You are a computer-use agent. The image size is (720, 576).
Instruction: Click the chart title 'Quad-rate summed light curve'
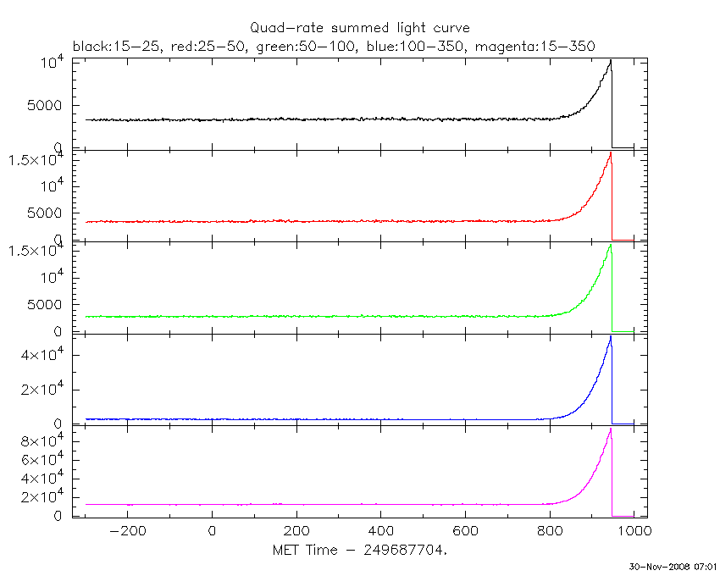[x=359, y=29]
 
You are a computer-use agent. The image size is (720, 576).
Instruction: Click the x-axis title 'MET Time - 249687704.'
[x=359, y=551]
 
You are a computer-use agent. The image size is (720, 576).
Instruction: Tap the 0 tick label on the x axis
[x=212, y=532]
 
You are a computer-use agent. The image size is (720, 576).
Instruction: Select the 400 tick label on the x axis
[x=380, y=532]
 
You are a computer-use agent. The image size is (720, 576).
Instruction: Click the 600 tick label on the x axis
[x=465, y=532]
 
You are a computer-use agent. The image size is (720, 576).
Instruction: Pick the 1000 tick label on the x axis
[x=634, y=532]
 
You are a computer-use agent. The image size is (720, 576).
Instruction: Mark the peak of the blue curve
[x=610, y=337]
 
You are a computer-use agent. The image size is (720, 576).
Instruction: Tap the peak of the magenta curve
[x=610, y=429]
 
